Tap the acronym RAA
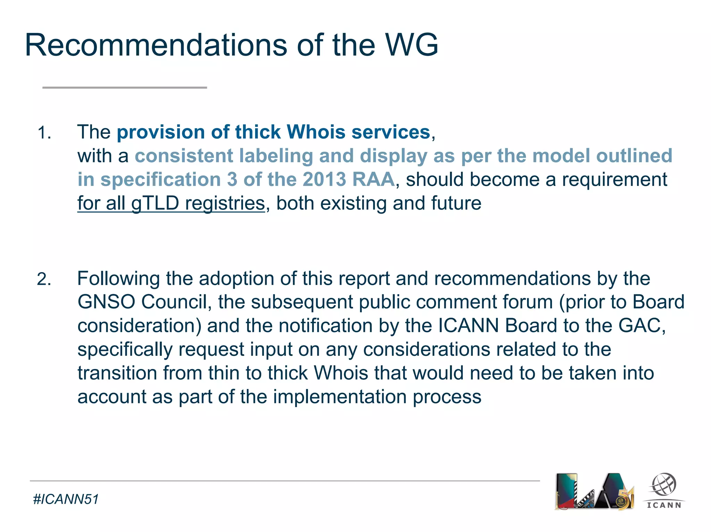pos(373,179)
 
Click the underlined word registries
pos(225,203)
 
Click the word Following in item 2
pos(118,278)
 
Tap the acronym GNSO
pos(106,302)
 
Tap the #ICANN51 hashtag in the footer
pos(66,499)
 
